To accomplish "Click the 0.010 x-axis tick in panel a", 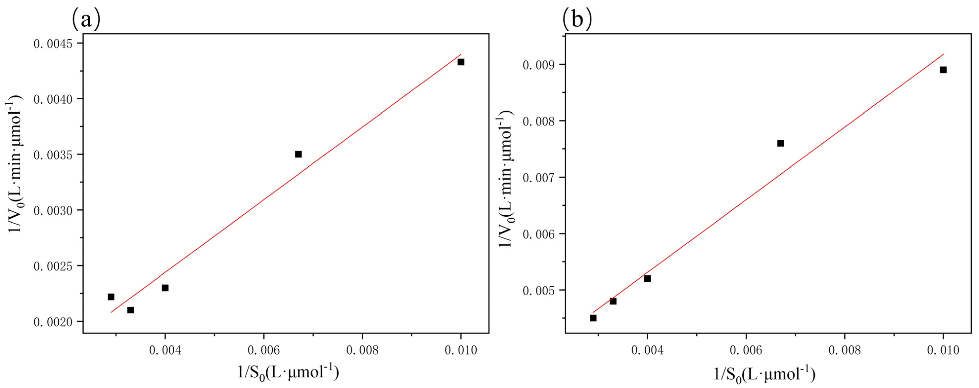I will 461,350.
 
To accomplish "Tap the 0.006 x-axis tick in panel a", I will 263,350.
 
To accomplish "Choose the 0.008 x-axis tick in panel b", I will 844,350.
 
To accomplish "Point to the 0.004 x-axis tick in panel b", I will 648,350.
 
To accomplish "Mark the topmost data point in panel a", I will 461,62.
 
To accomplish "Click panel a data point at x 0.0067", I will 298,154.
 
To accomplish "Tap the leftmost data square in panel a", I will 111,297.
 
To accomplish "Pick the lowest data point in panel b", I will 593,318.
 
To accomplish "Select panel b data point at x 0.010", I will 943,70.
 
